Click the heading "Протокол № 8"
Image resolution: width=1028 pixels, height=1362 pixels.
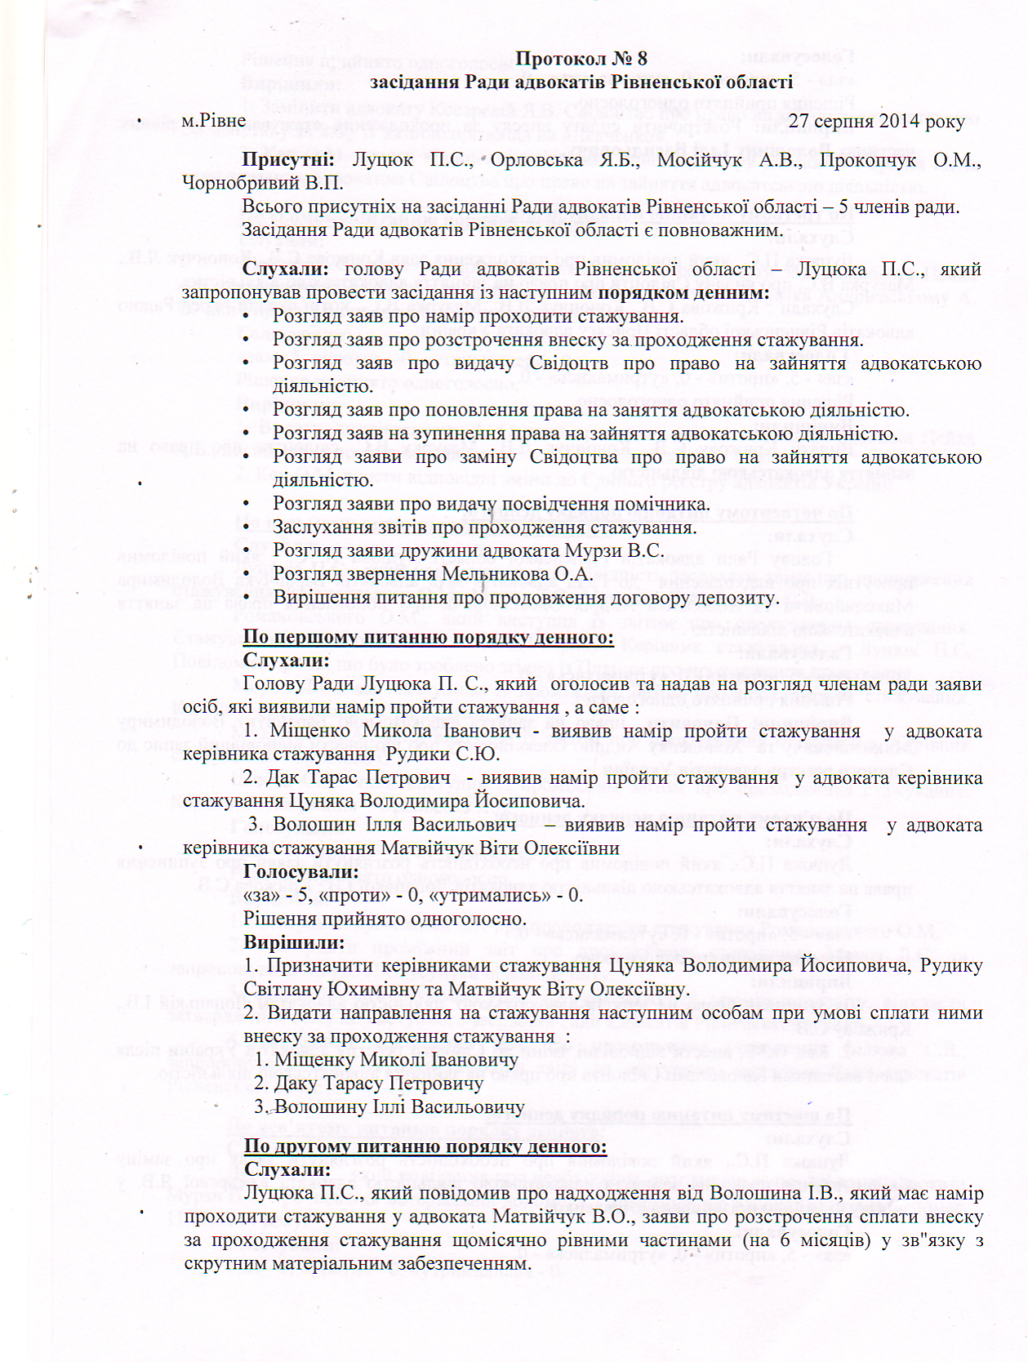581,59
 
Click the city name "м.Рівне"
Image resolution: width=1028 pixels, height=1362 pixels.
213,121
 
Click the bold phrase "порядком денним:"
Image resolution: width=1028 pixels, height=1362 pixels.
683,292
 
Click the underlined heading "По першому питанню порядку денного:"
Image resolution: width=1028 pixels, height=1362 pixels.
428,637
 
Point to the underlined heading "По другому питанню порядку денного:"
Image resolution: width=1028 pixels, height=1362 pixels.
425,1146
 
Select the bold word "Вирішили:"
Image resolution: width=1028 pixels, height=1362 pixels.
294,942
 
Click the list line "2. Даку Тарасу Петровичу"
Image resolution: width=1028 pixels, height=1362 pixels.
368,1084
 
